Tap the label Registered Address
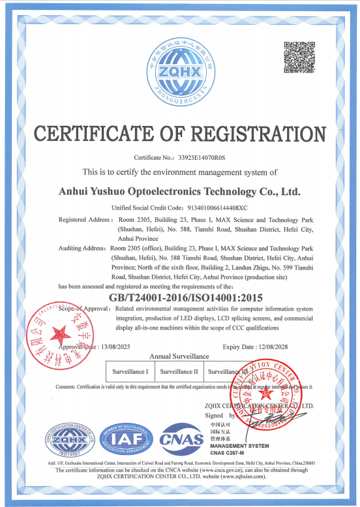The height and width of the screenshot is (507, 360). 85,220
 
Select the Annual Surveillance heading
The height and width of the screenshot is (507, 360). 179,356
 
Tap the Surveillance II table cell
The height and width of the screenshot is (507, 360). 178,371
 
